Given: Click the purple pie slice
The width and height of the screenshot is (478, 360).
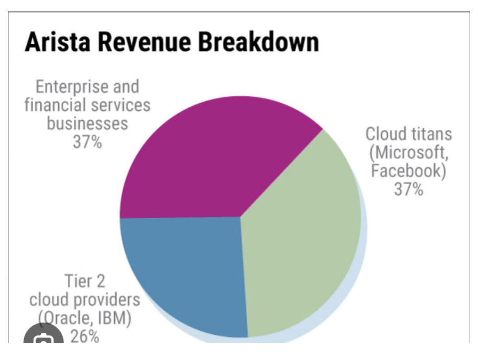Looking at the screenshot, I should click(x=209, y=157).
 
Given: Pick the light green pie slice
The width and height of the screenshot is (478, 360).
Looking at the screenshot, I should click(x=303, y=235).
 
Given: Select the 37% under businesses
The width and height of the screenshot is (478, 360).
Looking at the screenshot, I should click(x=87, y=142).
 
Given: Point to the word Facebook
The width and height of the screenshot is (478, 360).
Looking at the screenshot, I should click(x=407, y=171).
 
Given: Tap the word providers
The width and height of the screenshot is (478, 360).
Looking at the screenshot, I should click(x=107, y=300).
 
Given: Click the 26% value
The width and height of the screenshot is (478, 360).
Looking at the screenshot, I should click(x=85, y=336).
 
